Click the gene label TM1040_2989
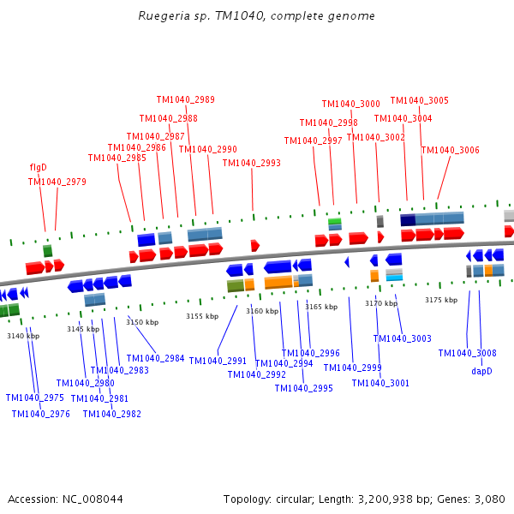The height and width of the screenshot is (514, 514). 185,99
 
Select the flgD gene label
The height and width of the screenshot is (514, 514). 38,167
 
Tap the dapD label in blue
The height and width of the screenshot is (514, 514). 481,371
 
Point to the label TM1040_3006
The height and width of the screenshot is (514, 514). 450,150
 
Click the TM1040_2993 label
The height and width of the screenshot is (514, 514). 251,163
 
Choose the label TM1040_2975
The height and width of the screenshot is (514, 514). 34,397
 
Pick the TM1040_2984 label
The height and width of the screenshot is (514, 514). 155,358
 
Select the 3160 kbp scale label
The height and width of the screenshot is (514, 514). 262,311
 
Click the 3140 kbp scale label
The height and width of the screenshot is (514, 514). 23,336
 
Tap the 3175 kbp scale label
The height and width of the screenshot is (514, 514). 441,300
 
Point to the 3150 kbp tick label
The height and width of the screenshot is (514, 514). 142,322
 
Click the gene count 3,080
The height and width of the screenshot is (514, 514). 488,499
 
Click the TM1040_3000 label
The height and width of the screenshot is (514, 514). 350,104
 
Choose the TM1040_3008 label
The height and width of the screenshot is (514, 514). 467,353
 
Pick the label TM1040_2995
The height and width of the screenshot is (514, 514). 303,388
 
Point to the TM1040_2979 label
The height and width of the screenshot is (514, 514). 57,182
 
